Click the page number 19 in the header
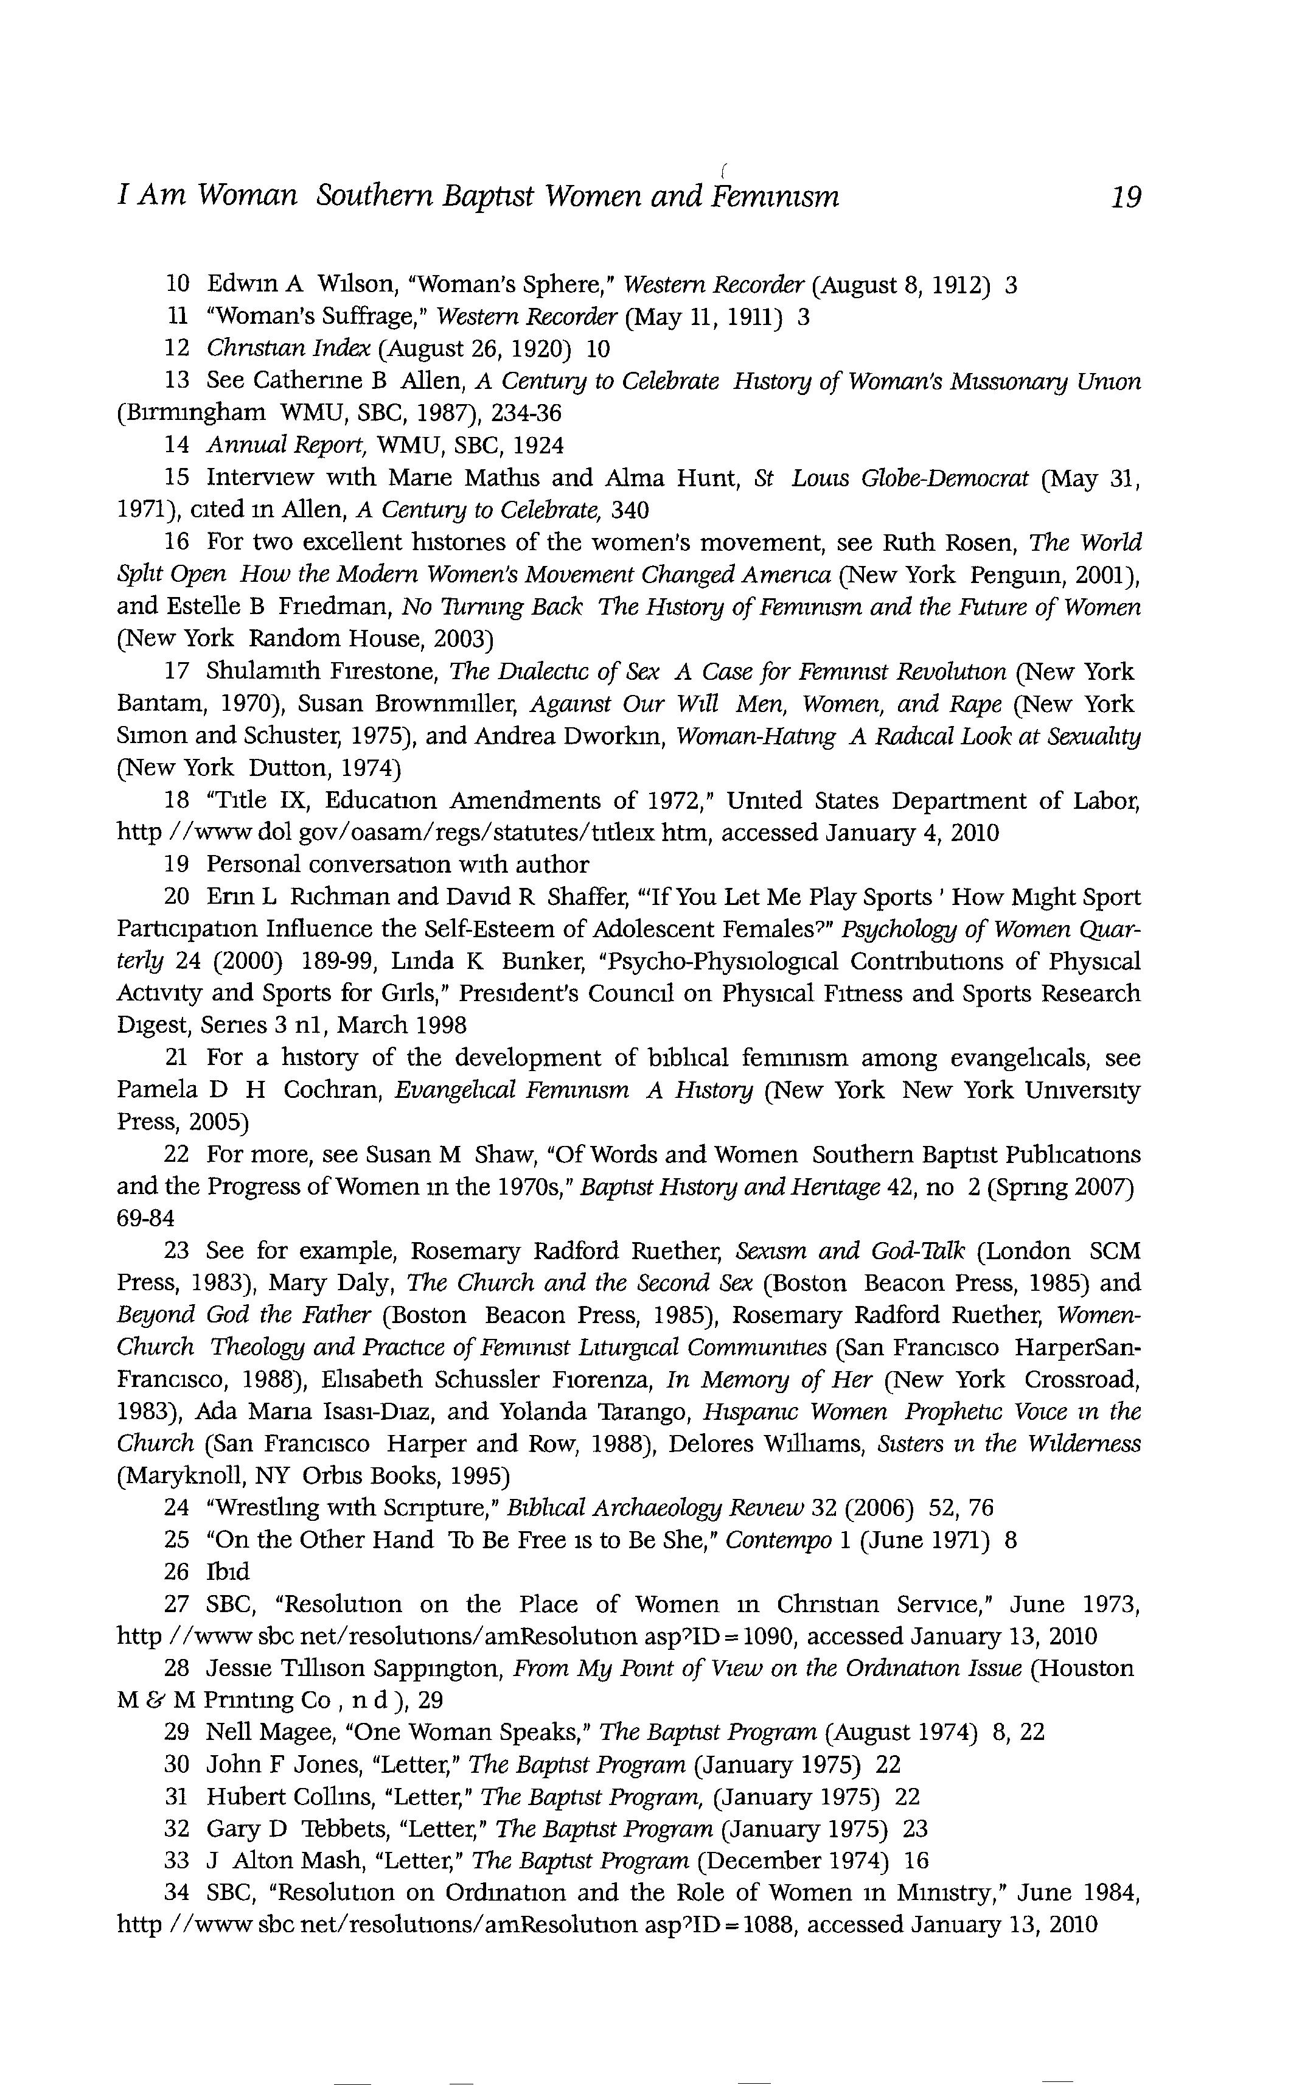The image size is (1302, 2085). (1126, 198)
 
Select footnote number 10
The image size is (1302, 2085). (176, 284)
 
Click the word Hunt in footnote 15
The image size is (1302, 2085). (709, 478)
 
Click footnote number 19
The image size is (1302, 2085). (176, 865)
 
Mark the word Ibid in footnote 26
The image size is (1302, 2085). (228, 1572)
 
